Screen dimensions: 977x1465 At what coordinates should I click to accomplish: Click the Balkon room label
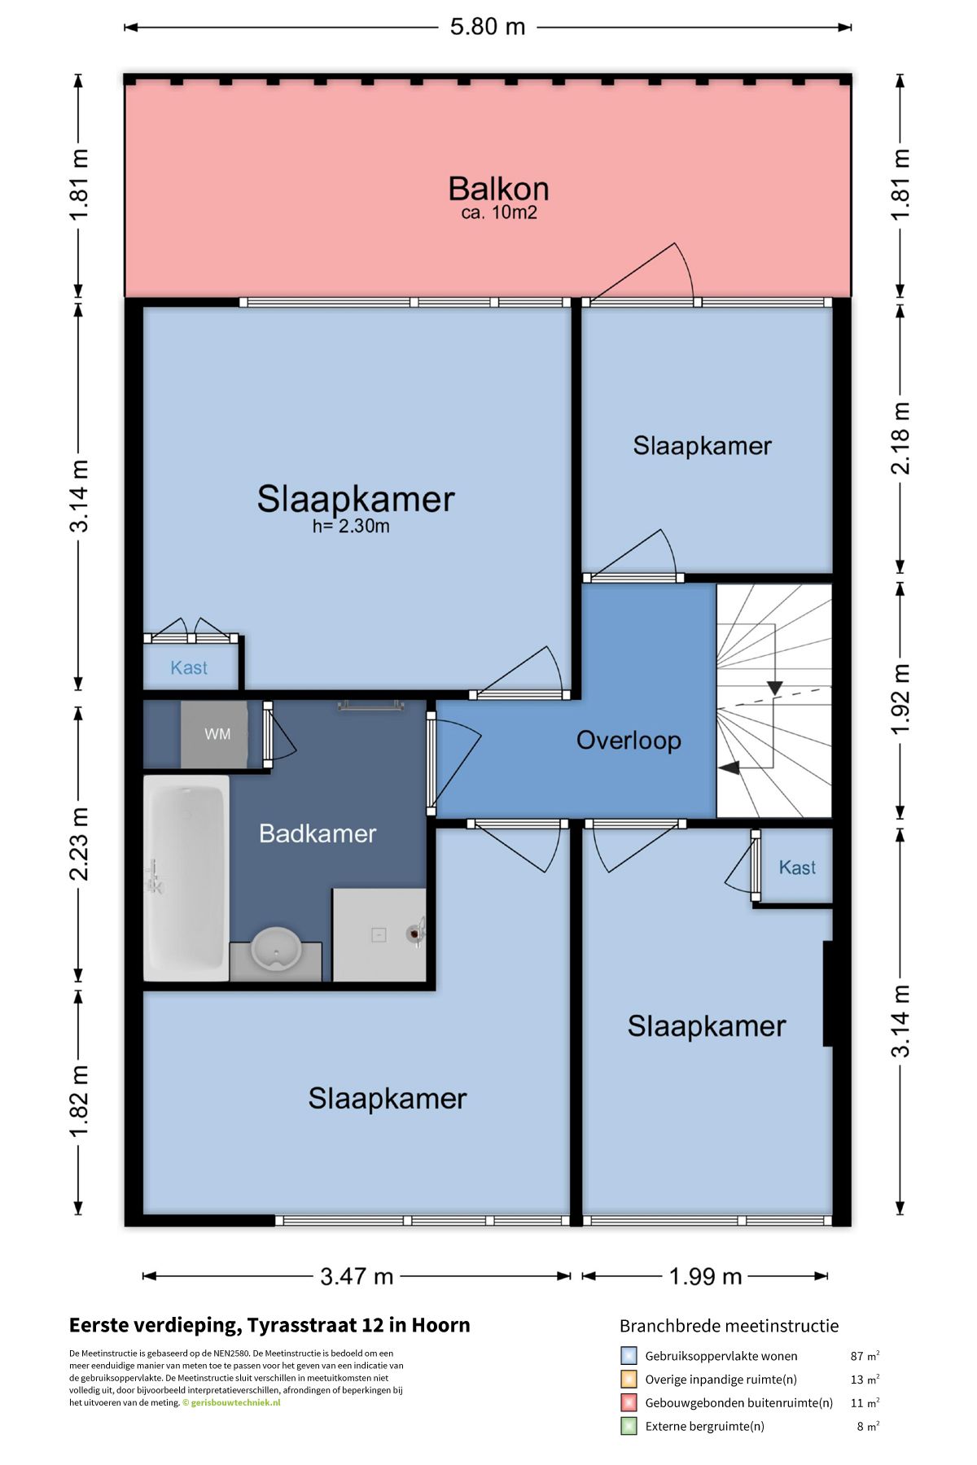498,189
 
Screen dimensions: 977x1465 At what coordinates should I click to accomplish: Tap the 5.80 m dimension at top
488,27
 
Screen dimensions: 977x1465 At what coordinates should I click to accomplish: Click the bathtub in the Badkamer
186,877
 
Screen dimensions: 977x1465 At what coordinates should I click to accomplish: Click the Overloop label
629,741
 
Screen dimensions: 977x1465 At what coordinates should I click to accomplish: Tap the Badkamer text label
318,833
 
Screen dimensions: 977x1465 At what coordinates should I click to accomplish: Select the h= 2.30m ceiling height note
351,527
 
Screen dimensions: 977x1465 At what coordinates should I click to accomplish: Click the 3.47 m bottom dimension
357,1276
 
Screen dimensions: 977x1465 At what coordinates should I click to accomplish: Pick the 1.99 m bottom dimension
705,1276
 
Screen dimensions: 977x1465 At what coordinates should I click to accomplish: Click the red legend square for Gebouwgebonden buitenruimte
629,1402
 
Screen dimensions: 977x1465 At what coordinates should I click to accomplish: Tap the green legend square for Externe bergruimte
629,1426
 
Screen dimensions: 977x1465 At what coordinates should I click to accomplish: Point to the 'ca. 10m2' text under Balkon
499,213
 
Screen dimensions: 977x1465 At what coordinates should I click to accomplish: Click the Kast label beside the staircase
797,868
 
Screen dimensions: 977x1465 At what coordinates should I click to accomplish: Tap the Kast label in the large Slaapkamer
189,668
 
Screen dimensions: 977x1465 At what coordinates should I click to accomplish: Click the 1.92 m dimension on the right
900,699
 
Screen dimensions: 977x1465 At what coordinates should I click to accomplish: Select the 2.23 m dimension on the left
79,844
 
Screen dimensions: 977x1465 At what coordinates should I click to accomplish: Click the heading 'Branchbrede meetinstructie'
729,1326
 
